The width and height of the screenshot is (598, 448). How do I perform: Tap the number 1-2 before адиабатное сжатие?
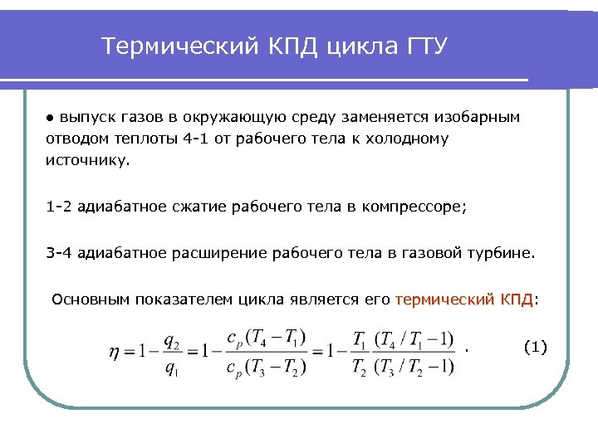tap(60, 207)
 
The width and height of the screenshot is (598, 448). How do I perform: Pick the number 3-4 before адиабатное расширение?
tap(60, 253)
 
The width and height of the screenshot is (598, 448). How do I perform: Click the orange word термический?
tap(445, 299)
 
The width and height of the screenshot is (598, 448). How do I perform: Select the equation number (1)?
tap(536, 347)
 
